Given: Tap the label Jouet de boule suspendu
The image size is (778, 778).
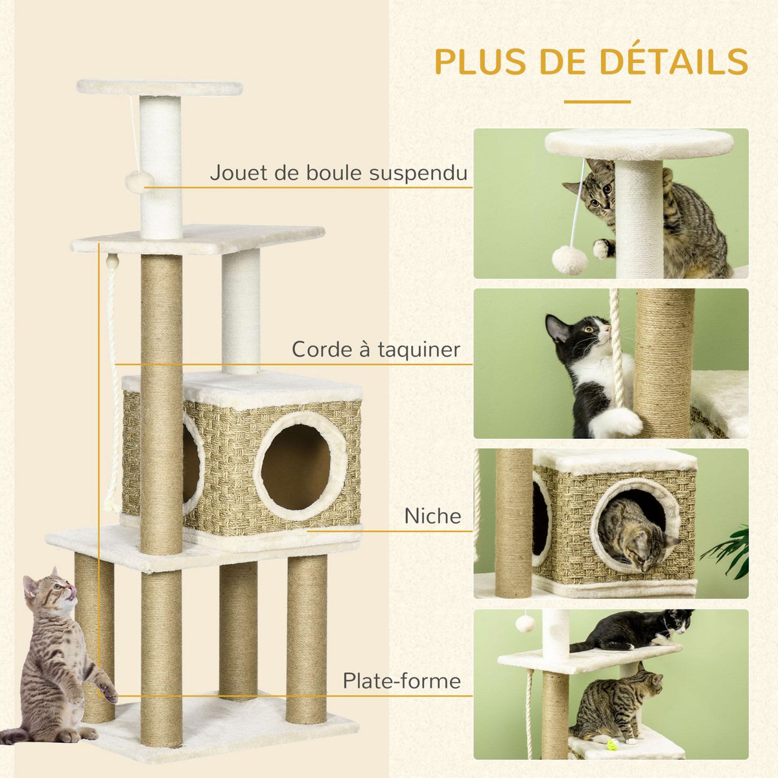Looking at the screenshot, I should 338,173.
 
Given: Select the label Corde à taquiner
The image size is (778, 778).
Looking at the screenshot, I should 375,349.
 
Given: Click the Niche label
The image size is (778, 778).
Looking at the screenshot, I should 432,516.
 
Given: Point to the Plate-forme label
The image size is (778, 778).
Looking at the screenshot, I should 401,681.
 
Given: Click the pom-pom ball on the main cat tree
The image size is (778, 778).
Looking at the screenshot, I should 139,182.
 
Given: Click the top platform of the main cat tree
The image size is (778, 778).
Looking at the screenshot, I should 159,88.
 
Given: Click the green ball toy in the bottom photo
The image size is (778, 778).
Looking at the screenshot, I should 613,739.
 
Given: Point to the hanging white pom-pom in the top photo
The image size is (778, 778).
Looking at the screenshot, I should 569,261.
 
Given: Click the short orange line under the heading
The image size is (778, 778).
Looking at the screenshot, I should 596,102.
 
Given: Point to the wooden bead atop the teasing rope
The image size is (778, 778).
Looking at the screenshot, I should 113,262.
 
